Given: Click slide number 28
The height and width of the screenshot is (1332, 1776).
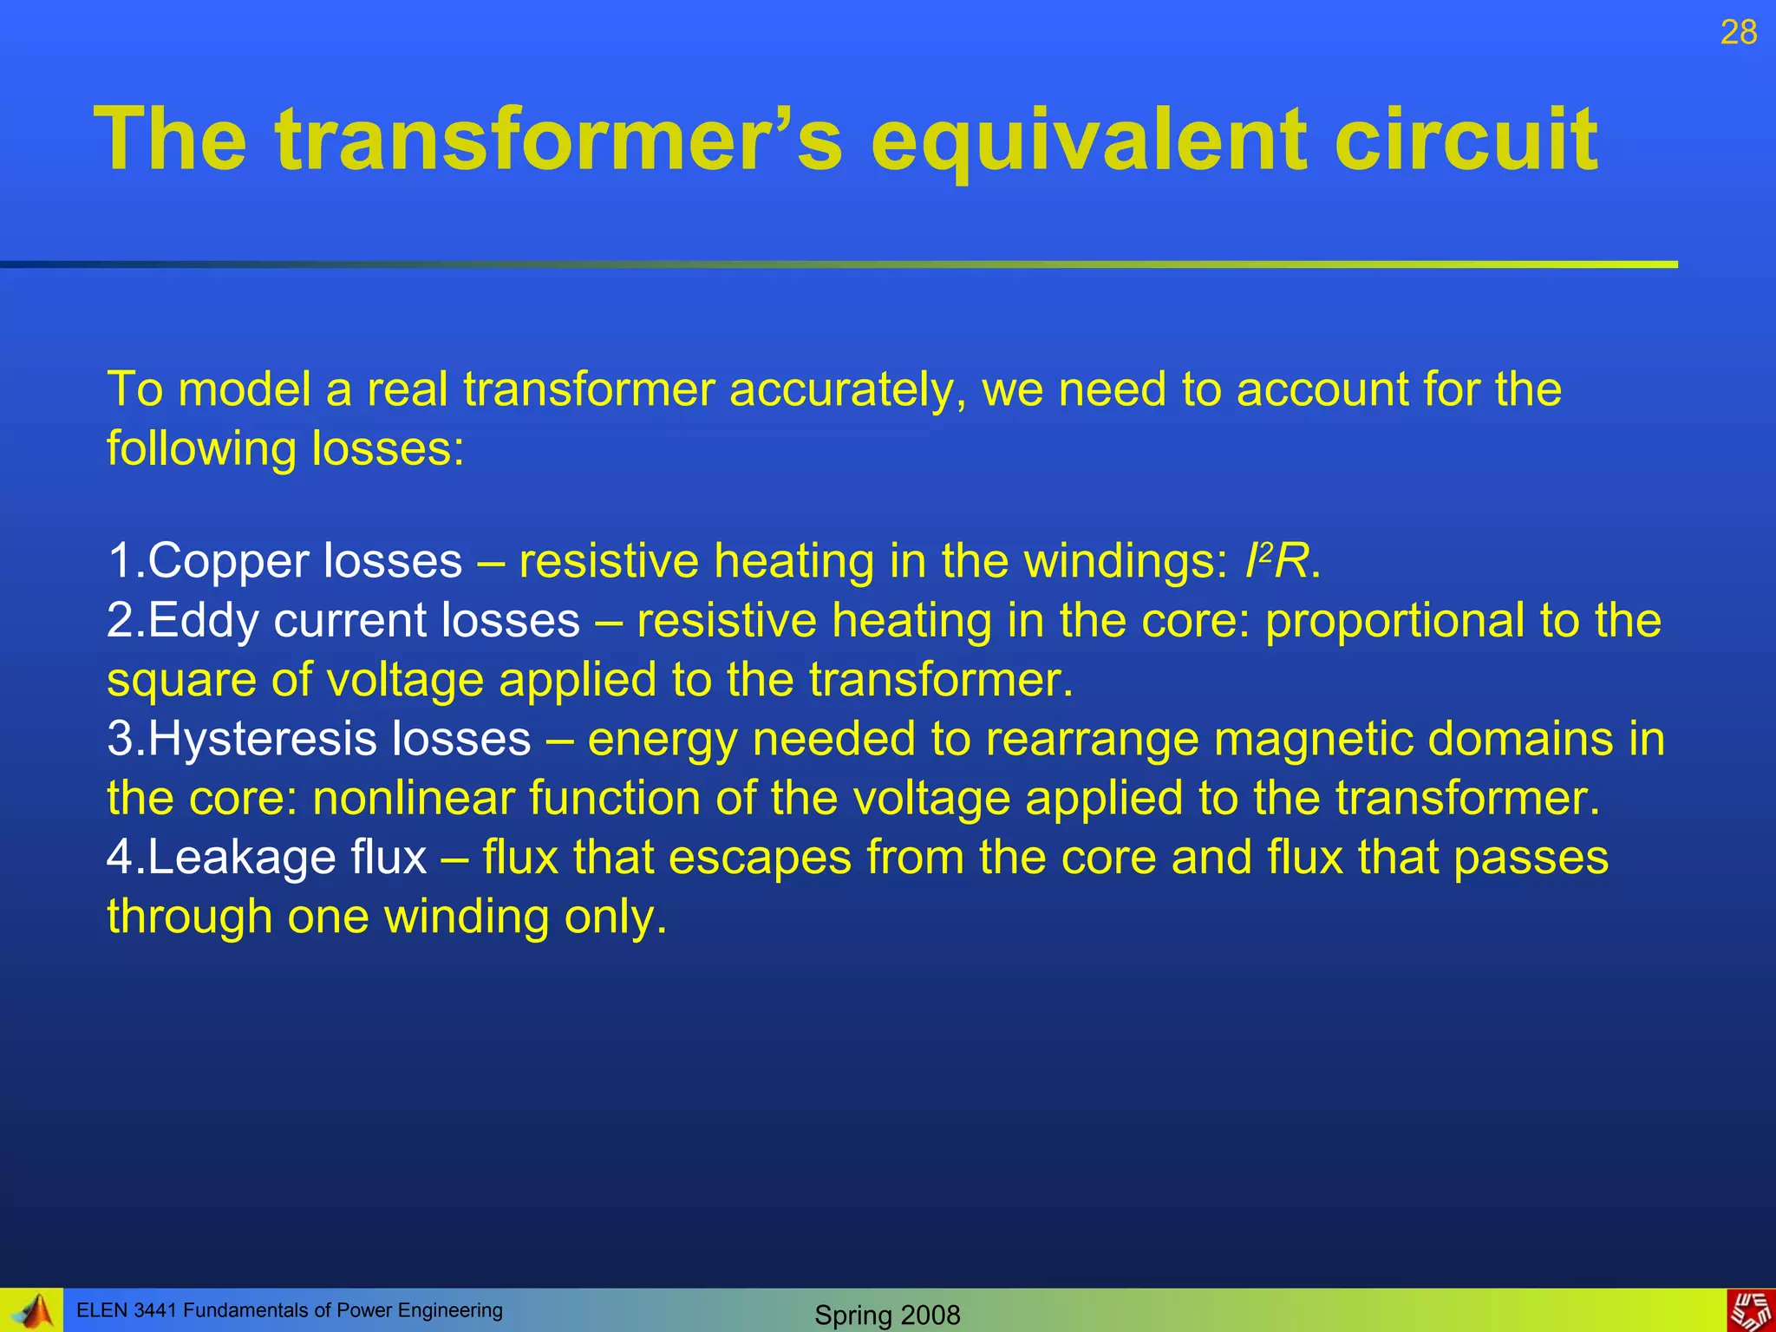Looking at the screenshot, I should pyautogui.click(x=1738, y=33).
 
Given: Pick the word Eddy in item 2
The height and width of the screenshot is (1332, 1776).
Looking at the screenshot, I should pyautogui.click(x=203, y=622).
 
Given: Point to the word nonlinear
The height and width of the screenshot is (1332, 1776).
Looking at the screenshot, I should pyautogui.click(x=413, y=799).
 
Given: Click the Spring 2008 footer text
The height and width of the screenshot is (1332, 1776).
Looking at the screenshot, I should pyautogui.click(x=887, y=1315).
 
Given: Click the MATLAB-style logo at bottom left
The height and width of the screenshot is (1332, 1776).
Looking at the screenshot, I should pyautogui.click(x=32, y=1311).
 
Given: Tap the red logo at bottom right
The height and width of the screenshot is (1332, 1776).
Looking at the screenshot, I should pyautogui.click(x=1750, y=1311).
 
